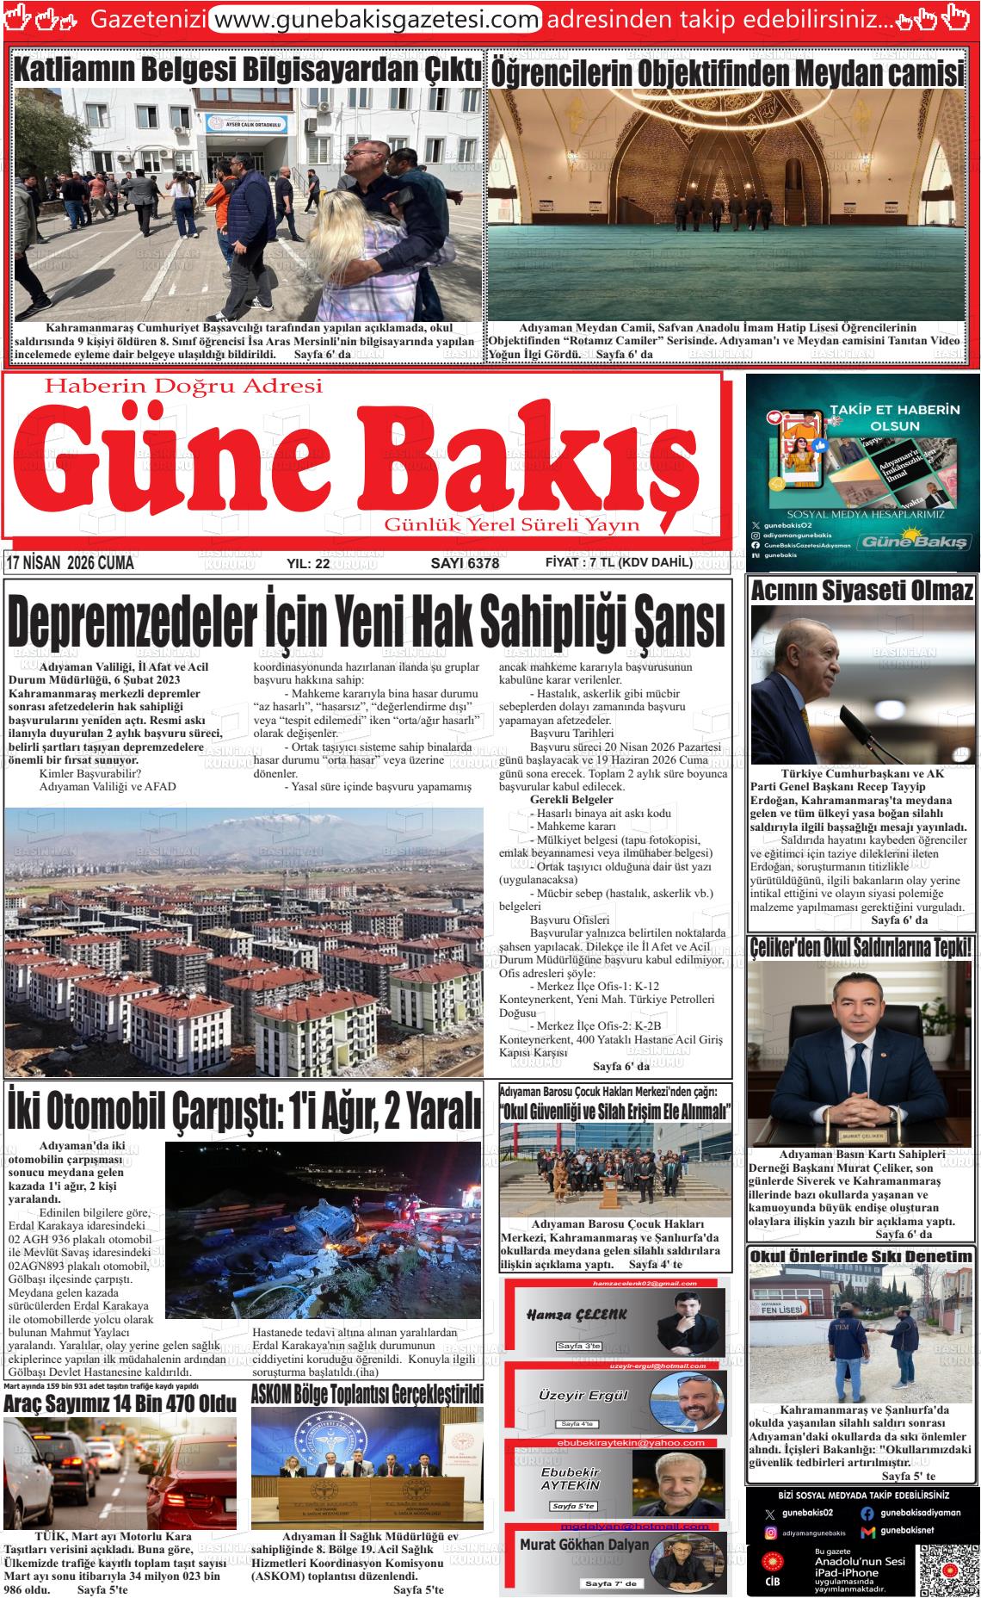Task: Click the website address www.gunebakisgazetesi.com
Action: click(375, 18)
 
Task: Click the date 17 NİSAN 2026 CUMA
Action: click(70, 563)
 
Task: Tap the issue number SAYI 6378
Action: click(464, 563)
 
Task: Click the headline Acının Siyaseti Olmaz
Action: click(862, 591)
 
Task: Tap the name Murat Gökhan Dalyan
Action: click(584, 1545)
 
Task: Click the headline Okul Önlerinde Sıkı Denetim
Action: click(861, 1256)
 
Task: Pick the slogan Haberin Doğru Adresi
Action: click(182, 387)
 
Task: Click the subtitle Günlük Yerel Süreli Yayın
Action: click(511, 524)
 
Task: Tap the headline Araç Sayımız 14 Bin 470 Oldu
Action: click(120, 1403)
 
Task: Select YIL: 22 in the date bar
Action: click(308, 564)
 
